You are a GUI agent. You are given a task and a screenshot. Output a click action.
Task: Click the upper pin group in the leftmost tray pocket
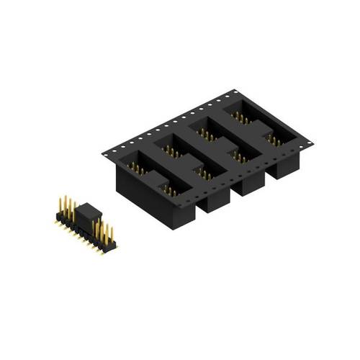click(135, 168)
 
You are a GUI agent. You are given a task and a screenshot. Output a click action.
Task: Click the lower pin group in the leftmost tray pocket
click(169, 189)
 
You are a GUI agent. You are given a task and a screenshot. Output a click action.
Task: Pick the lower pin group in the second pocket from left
click(204, 173)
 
